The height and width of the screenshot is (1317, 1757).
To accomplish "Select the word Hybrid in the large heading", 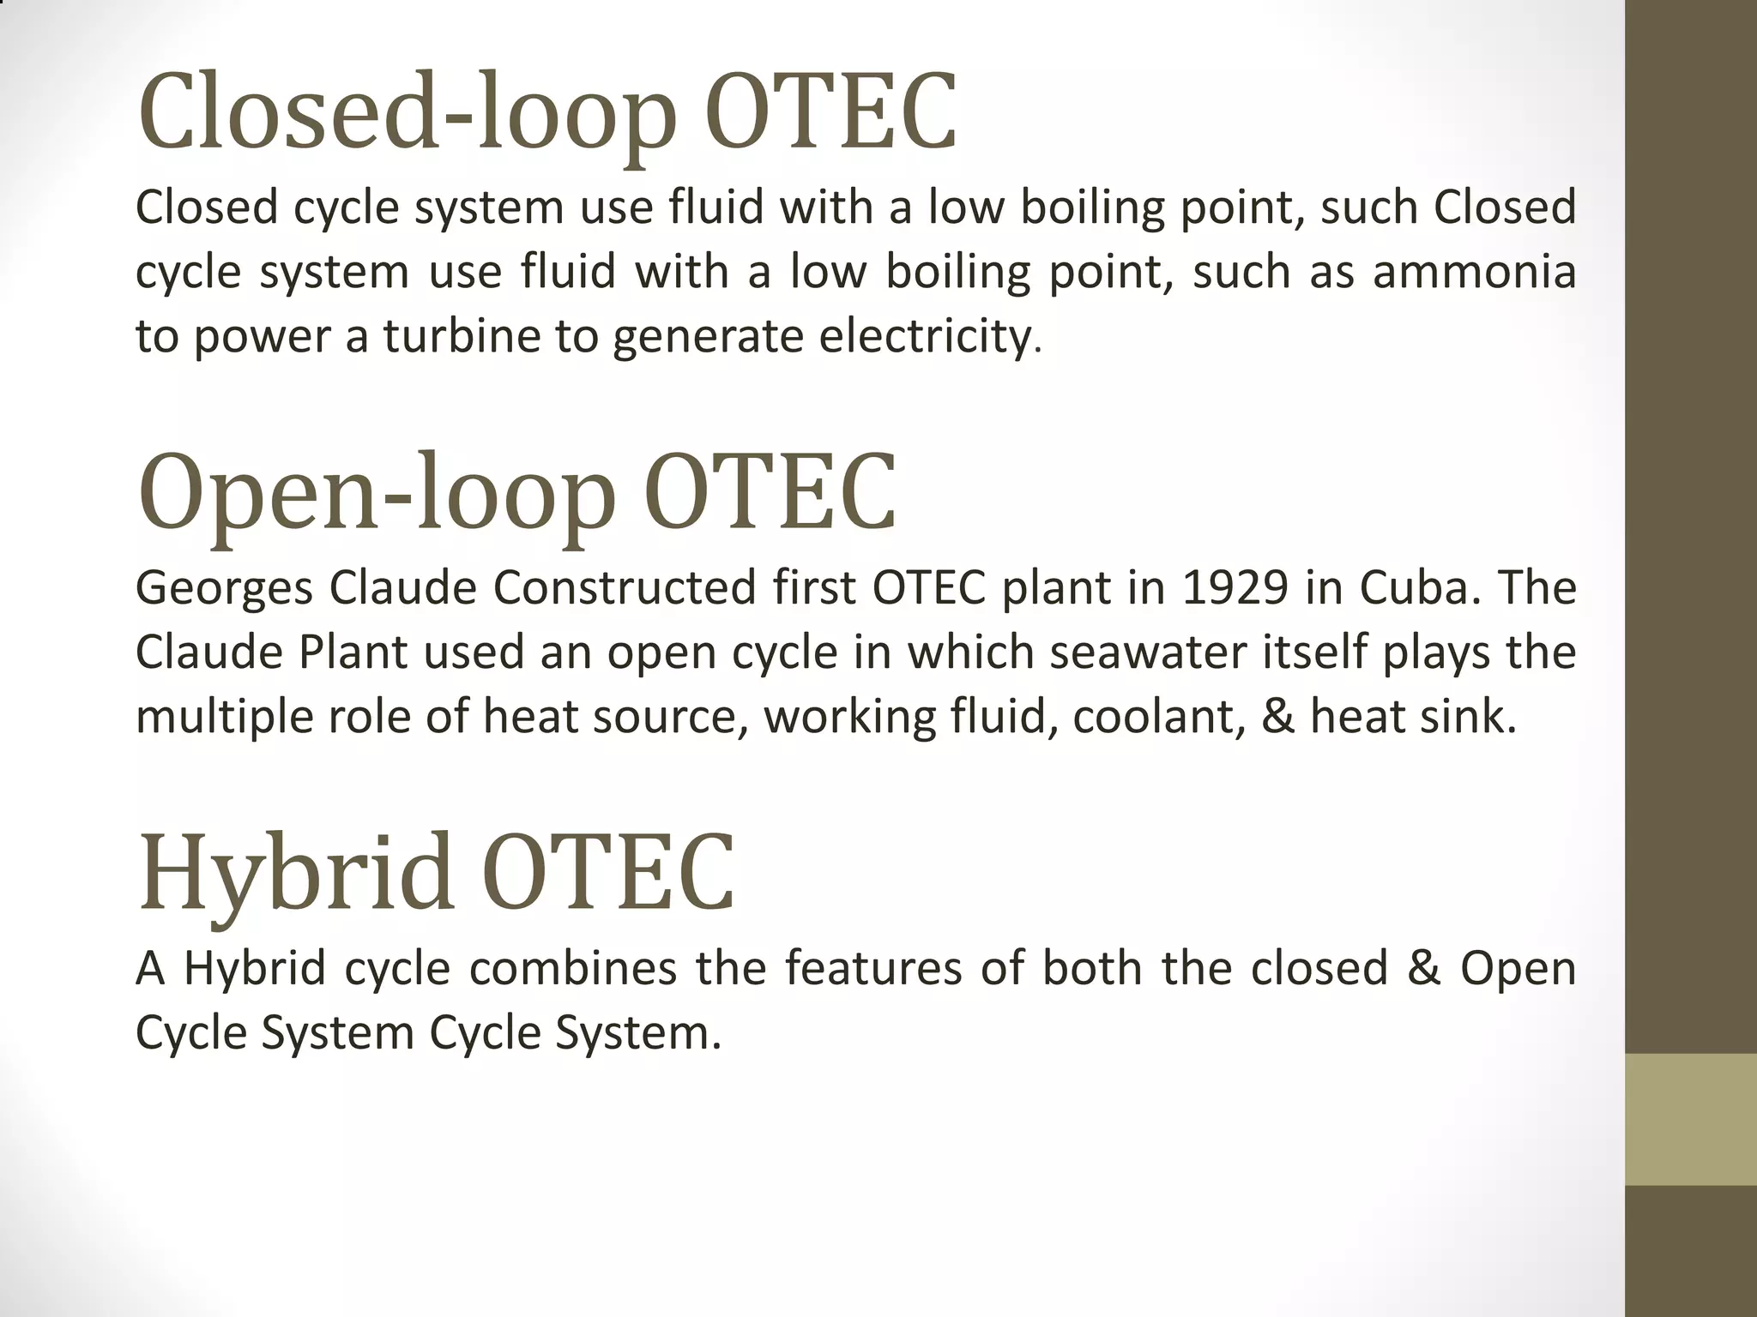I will [x=296, y=873].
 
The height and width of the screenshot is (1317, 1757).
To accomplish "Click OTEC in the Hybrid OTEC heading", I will [x=610, y=873].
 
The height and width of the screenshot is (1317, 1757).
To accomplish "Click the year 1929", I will [x=1235, y=588].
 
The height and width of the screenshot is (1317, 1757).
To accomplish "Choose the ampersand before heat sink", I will [x=1278, y=717].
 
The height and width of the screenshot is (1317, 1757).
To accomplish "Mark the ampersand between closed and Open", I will [x=1424, y=969].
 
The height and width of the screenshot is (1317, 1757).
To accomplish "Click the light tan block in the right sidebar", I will [x=1691, y=1119].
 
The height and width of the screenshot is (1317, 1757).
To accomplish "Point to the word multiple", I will [x=225, y=717].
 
